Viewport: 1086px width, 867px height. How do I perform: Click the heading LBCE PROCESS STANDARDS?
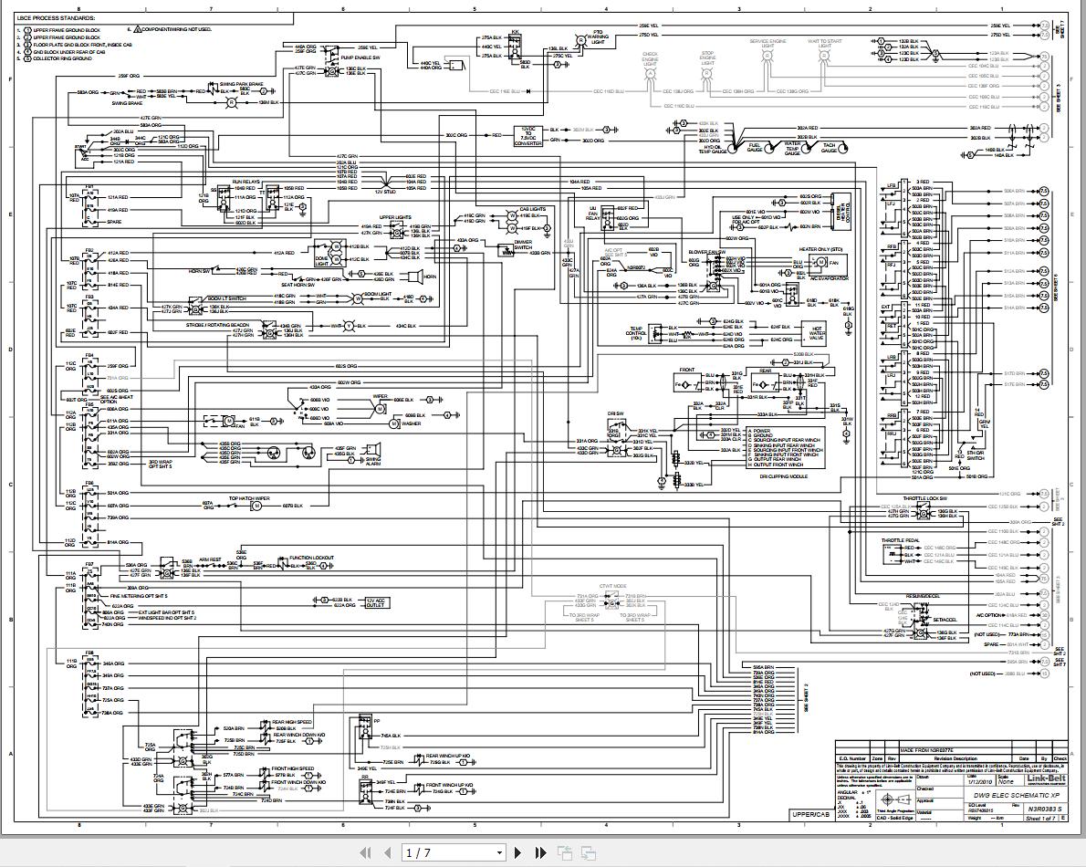[x=57, y=16]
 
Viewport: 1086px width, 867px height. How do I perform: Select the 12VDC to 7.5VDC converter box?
[x=528, y=137]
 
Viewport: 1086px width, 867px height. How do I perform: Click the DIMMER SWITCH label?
[x=523, y=244]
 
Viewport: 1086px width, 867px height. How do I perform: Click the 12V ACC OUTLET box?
[x=377, y=602]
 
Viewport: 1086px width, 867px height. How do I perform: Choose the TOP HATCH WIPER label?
[x=249, y=498]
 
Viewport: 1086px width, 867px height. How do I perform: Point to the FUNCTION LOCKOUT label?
[x=311, y=558]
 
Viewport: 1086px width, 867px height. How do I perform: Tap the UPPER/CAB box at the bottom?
[x=811, y=814]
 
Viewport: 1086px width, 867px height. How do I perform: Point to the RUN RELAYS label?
[x=245, y=183]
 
